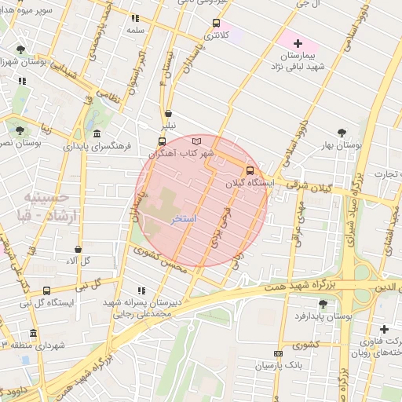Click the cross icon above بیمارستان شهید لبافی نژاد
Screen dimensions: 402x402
[297, 42]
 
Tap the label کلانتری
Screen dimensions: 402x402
[217, 35]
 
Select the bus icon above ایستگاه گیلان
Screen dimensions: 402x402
[250, 170]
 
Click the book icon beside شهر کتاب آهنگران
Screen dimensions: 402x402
[196, 141]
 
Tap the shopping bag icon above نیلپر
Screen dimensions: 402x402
[168, 113]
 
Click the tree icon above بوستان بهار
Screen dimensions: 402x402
[341, 132]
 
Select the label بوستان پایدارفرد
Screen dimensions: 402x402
[323, 316]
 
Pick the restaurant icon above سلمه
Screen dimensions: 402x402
[136, 17]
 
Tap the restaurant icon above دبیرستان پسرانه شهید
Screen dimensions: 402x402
[141, 290]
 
